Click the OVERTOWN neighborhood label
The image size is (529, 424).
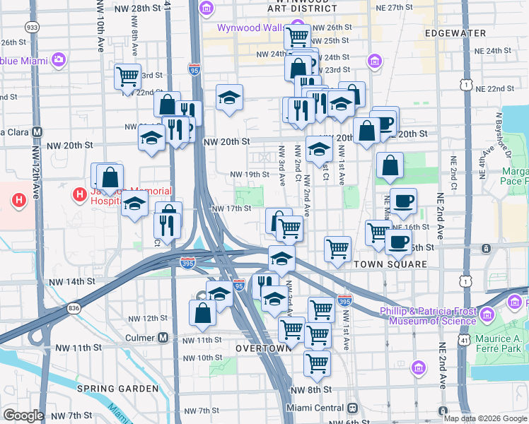pyautogui.click(x=264, y=348)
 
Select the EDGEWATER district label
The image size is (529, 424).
pyautogui.click(x=455, y=33)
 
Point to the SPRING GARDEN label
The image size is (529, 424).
pyautogui.click(x=118, y=389)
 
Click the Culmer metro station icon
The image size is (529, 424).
pyautogui.click(x=163, y=338)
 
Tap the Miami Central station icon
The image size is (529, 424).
pyautogui.click(x=351, y=408)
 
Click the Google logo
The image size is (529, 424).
pyautogui.click(x=23, y=416)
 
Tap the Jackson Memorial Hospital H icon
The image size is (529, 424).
pyautogui.click(x=78, y=193)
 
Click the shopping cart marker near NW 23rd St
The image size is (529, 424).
pyautogui.click(x=127, y=76)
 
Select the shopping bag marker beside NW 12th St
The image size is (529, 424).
pyautogui.click(x=202, y=313)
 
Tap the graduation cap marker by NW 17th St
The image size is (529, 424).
pyautogui.click(x=134, y=206)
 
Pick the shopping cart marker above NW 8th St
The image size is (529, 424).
pyautogui.click(x=318, y=363)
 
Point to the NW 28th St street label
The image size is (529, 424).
pyautogui.click(x=128, y=7)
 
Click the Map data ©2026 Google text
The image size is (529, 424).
pyautogui.click(x=485, y=418)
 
